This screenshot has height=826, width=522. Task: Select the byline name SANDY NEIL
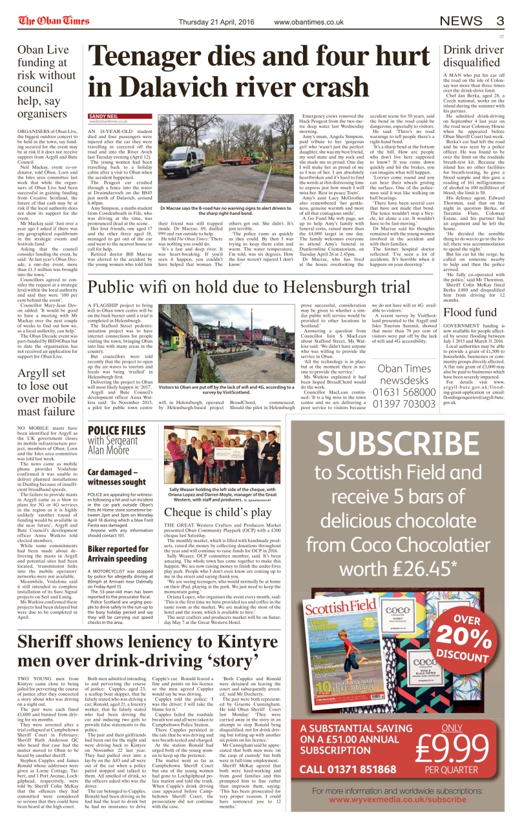pyautogui.click(x=103, y=116)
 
